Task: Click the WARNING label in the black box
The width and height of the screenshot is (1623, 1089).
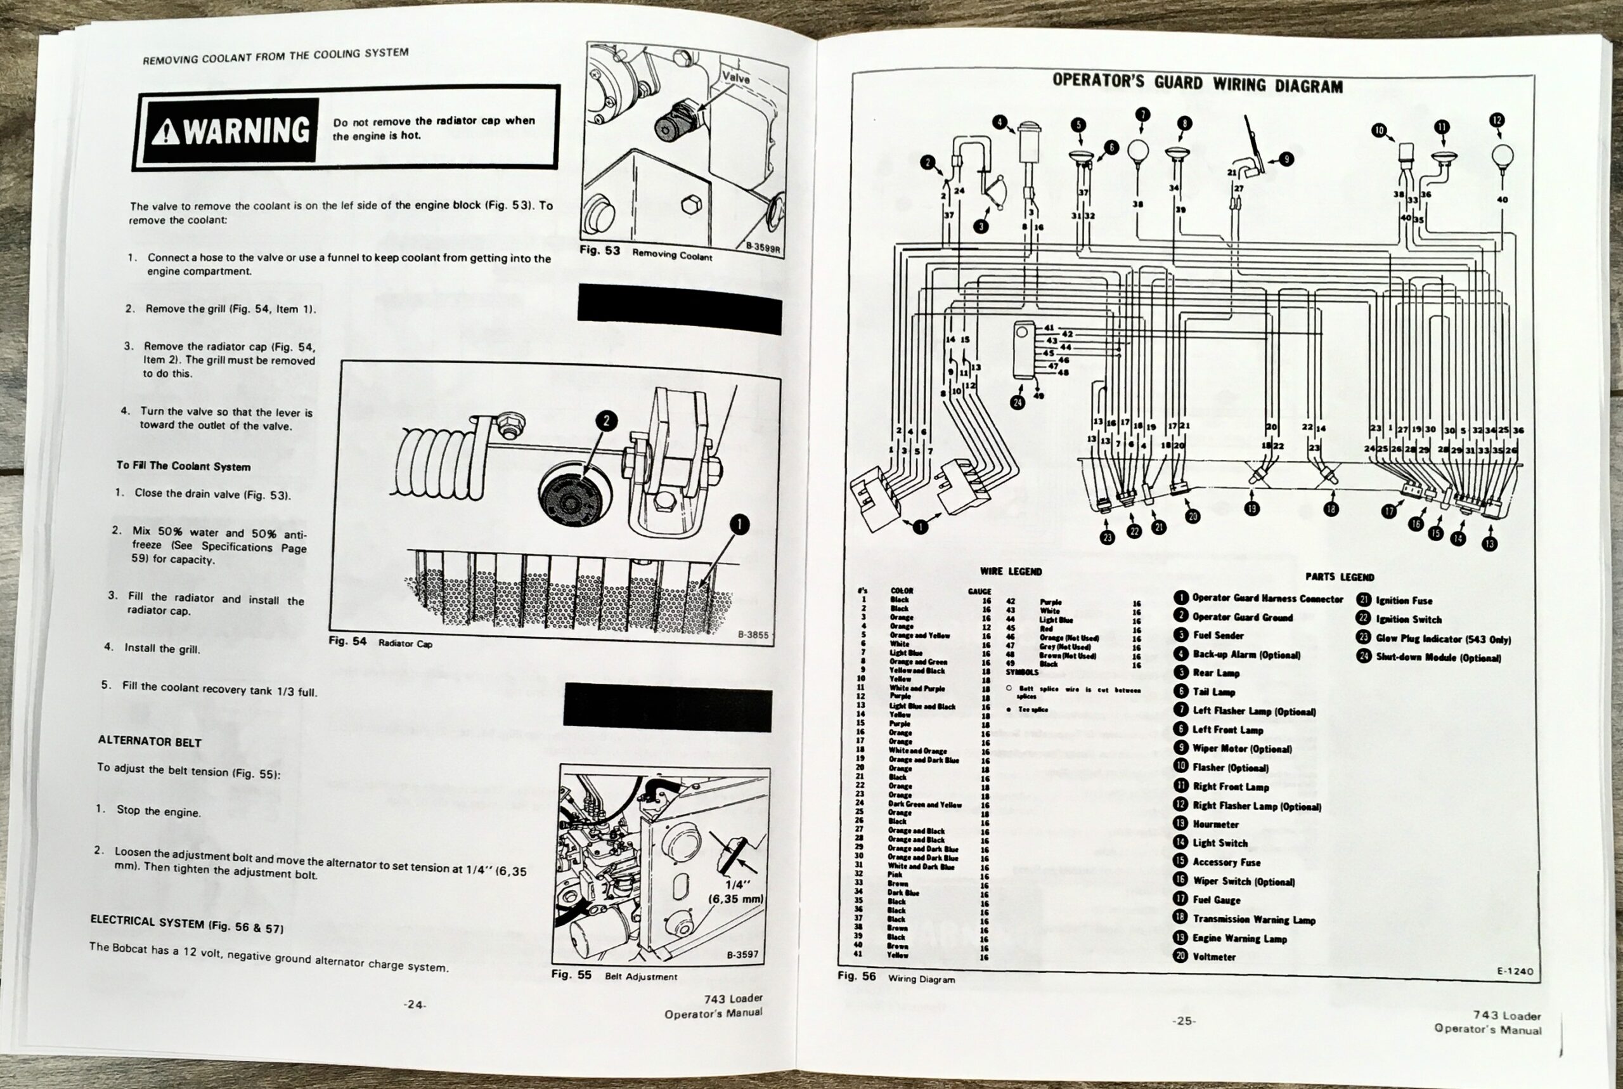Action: click(x=231, y=131)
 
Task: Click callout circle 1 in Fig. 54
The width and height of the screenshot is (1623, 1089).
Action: click(x=740, y=525)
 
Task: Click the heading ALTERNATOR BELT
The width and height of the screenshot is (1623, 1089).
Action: click(x=149, y=741)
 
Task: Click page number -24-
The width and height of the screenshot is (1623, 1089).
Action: click(x=415, y=1004)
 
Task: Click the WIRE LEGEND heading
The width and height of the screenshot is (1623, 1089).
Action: click(x=1010, y=571)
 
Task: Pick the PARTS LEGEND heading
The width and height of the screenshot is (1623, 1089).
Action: click(x=1339, y=577)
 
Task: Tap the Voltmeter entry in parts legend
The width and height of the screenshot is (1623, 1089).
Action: click(x=1213, y=957)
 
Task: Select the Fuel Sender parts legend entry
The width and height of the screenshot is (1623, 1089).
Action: click(x=1218, y=636)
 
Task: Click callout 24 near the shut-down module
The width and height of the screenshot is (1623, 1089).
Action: click(x=1018, y=403)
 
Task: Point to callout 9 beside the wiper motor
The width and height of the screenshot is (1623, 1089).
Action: click(x=1286, y=159)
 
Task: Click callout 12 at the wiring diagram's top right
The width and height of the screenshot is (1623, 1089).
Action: click(x=1497, y=120)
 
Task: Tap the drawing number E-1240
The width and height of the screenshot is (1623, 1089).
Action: click(x=1515, y=971)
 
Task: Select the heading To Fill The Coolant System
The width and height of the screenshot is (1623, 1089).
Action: click(x=183, y=466)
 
